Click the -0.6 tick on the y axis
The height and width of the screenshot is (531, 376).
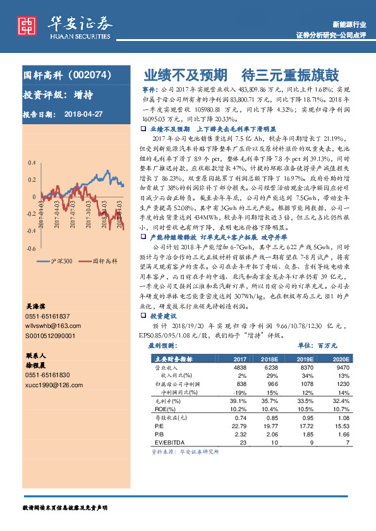point(31,248)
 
